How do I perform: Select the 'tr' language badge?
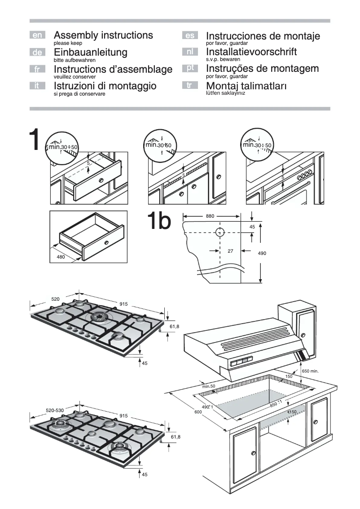pos(189,84)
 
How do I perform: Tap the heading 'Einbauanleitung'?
pos(90,52)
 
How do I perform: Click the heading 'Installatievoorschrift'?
pos(251,52)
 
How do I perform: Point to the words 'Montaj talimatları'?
pos(246,85)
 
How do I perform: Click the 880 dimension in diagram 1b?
pos(210,216)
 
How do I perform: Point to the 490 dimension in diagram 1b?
pos(262,254)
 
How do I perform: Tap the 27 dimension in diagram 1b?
pos(230,251)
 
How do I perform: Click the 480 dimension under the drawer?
pos(61,257)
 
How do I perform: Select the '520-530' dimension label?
pos(55,411)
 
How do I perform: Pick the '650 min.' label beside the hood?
pos(310,371)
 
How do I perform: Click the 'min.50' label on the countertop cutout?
pos(209,386)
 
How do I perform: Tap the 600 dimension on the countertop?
pos(198,412)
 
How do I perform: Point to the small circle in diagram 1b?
pos(220,233)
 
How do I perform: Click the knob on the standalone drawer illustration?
pos(106,243)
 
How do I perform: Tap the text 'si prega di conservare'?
pos(79,94)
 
